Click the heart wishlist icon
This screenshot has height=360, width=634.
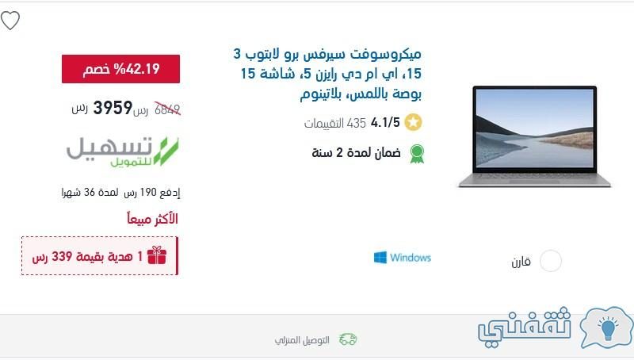(x=10, y=21)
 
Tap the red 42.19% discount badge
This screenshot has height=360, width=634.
(x=121, y=69)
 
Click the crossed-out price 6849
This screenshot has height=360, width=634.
(x=167, y=109)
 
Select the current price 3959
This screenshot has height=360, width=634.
(x=113, y=108)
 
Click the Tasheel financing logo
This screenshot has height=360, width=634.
(x=123, y=151)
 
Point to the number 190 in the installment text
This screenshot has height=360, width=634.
(x=148, y=192)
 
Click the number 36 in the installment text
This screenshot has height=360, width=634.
(x=90, y=192)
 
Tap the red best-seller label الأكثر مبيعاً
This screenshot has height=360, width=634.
(x=152, y=219)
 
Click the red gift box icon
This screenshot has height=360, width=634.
(x=157, y=255)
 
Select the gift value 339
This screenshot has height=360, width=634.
(x=62, y=256)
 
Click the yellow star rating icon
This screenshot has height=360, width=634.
(x=413, y=123)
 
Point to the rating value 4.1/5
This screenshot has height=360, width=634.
(x=385, y=122)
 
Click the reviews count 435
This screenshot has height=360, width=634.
(x=356, y=123)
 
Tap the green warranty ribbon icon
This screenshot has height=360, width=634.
(x=417, y=154)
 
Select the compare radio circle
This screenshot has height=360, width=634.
(x=551, y=261)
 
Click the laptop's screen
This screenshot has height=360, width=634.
(x=534, y=128)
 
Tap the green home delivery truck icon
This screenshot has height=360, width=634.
(x=348, y=339)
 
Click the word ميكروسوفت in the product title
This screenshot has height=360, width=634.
(x=384, y=54)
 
